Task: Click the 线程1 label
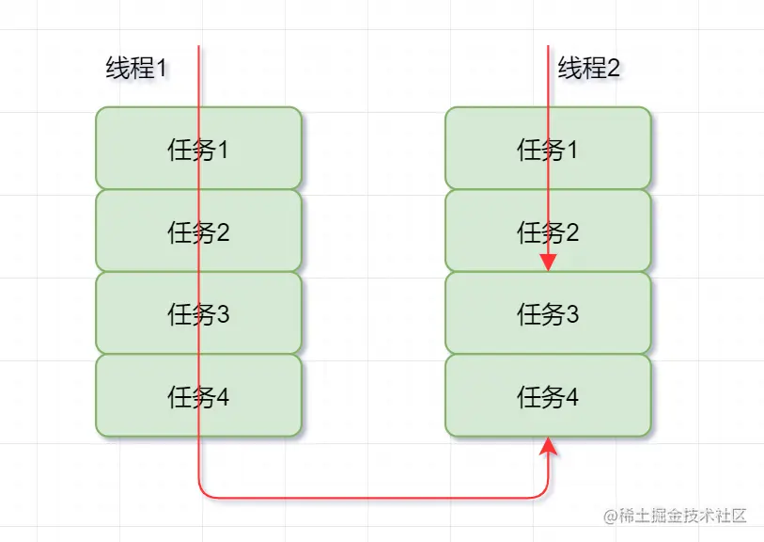tap(135, 69)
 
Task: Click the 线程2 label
tap(589, 69)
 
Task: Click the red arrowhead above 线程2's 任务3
tap(549, 263)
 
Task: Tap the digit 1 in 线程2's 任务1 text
tap(572, 150)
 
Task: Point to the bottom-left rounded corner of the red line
tap(203, 491)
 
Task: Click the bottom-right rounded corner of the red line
tap(544, 491)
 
